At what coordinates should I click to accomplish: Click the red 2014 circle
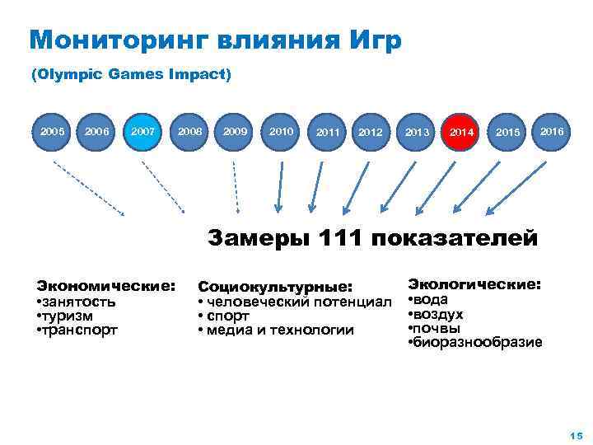pos(461,132)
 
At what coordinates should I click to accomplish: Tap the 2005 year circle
pos(54,131)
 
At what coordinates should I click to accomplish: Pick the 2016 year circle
pos(551,131)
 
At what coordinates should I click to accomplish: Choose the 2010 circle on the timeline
pos(280,131)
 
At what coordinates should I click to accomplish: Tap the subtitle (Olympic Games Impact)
pos(131,74)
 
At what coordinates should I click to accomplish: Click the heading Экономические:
pos(105,286)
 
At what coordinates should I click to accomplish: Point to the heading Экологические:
pos(475,284)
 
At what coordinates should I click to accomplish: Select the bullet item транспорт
pos(79,330)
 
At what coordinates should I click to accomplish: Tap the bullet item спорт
pos(222,316)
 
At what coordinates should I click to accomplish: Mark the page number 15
pos(575,435)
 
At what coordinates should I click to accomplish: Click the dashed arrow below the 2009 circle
pos(236,185)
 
